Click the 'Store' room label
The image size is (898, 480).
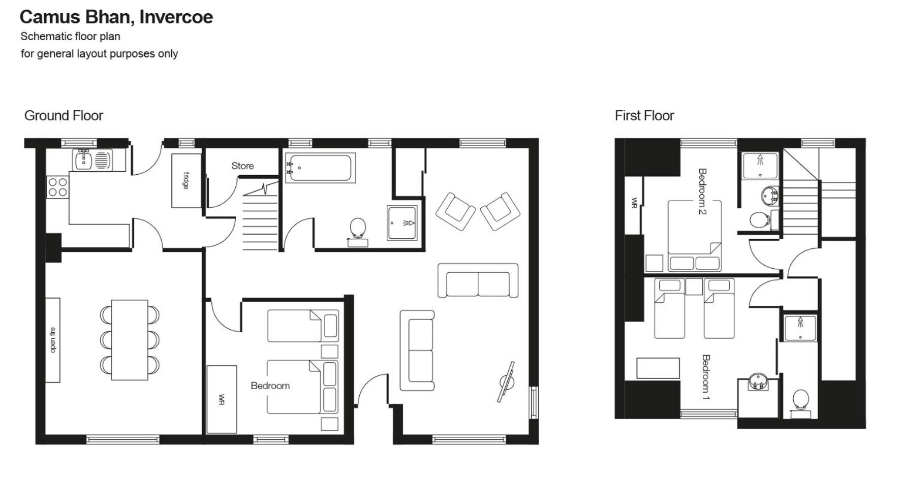[x=242, y=166]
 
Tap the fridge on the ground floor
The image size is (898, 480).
[x=187, y=180]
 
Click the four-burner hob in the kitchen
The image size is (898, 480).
[x=57, y=187]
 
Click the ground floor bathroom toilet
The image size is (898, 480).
[x=358, y=232]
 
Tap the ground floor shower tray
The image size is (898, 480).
[x=402, y=222]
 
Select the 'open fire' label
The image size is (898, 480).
[x=53, y=340]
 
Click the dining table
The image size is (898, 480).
[x=130, y=340]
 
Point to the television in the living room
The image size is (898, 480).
[x=506, y=382]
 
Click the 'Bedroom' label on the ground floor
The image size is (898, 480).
[x=270, y=386]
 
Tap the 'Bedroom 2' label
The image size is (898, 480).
[x=702, y=191]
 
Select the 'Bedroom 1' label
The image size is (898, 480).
[x=705, y=377]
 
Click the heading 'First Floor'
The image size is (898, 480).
[x=644, y=116]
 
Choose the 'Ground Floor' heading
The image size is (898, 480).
[x=64, y=116]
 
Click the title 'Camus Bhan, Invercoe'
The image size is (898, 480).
[x=116, y=17]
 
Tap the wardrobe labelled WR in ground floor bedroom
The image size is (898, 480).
[x=222, y=399]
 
